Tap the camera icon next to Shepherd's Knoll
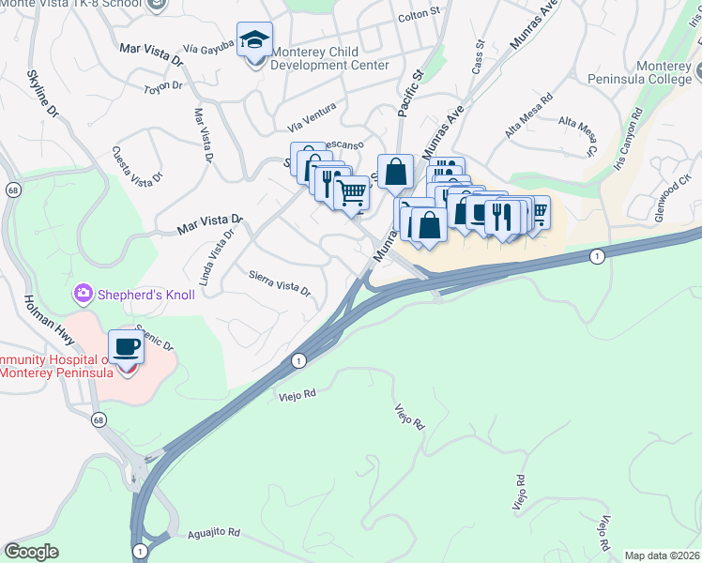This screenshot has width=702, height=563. point(84,295)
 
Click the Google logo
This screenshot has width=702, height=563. point(31,552)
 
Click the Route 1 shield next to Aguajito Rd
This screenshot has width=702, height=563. point(140,551)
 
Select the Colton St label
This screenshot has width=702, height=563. point(419,15)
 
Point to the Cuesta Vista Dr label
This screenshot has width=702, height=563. point(137,164)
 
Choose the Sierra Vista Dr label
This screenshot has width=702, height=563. point(279,282)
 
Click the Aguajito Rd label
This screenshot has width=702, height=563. point(213,532)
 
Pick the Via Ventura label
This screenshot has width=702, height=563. point(312,123)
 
